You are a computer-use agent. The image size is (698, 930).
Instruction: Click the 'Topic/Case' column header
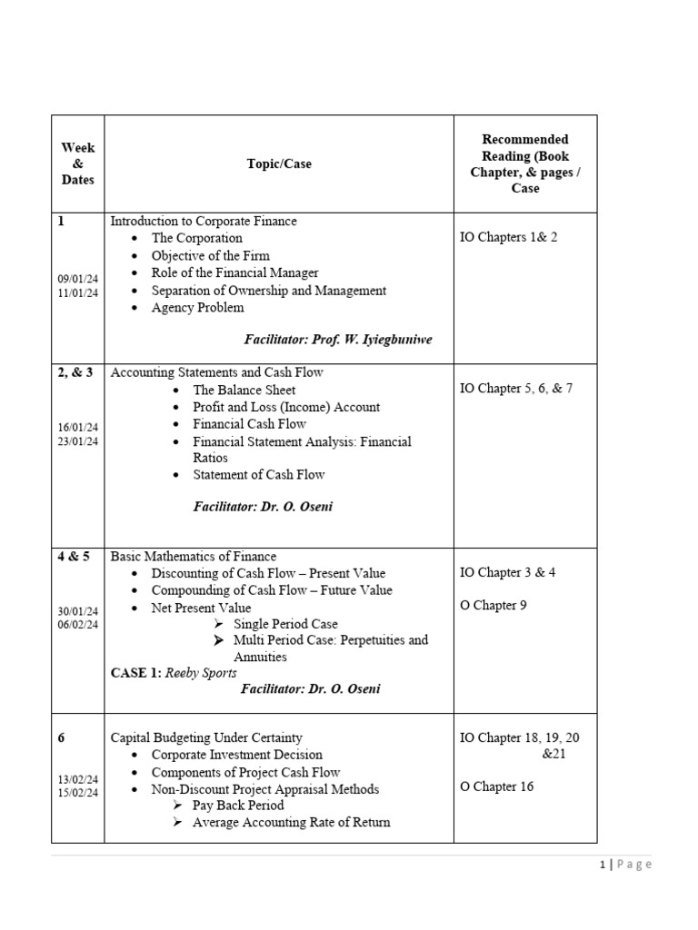[x=279, y=163]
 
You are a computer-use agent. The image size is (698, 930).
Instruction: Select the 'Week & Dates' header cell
[x=77, y=163]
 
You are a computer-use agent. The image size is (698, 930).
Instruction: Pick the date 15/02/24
[x=77, y=793]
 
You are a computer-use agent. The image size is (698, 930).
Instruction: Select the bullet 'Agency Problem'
[x=197, y=307]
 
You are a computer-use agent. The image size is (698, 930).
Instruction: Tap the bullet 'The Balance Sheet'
[x=243, y=390]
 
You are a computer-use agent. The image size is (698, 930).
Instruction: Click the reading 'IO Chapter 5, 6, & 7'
[x=516, y=389]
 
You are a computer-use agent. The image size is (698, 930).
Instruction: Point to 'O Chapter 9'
[x=494, y=605]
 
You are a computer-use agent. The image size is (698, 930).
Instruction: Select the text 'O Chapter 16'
[x=496, y=787]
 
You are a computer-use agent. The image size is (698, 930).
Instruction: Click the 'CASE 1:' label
[x=135, y=673]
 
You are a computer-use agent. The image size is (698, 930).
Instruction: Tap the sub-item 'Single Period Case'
[x=285, y=624]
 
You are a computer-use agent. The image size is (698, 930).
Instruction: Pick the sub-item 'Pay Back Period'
[x=238, y=806]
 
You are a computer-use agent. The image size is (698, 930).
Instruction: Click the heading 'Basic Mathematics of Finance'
[x=193, y=556]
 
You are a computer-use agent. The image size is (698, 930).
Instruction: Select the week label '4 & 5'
[x=74, y=557]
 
